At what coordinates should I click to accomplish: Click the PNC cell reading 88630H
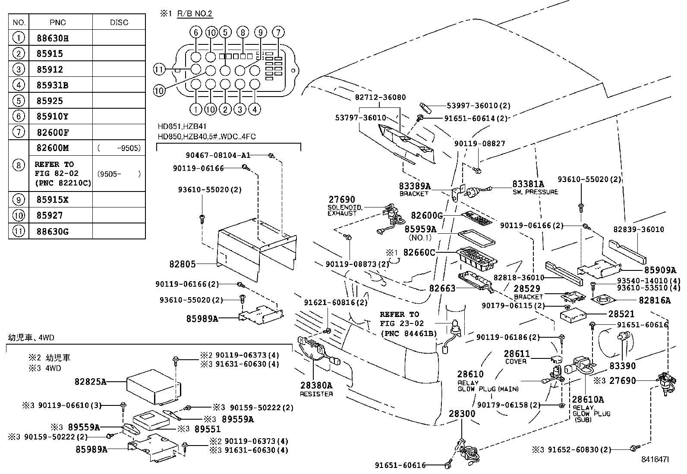[x=53, y=38]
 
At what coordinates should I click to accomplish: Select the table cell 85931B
[x=53, y=85]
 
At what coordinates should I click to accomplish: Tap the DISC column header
[x=119, y=22]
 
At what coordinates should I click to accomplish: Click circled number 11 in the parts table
[x=19, y=232]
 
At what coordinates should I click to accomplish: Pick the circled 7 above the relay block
[x=279, y=32]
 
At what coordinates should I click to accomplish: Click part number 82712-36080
[x=380, y=97]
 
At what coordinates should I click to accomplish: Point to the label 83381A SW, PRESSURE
[x=534, y=188]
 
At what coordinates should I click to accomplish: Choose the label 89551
[x=207, y=429]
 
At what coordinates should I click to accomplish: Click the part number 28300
[x=462, y=414]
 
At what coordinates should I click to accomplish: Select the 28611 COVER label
[x=517, y=357]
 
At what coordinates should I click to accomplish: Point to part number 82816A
[x=655, y=301]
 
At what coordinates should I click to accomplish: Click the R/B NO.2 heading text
[x=195, y=14]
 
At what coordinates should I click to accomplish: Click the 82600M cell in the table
[x=53, y=148]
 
